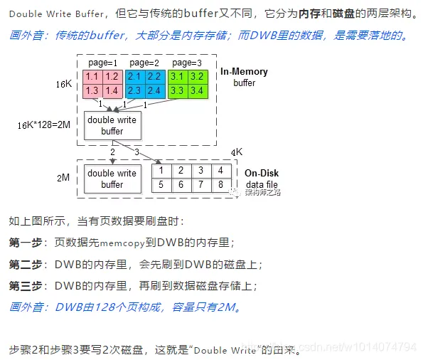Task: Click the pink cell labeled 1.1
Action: pos(92,77)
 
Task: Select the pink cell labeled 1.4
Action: pos(112,91)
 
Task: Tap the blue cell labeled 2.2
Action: pos(155,77)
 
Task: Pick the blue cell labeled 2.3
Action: pos(135,91)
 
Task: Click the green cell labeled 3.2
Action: pos(198,77)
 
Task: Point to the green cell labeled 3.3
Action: pos(178,91)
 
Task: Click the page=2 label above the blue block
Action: pos(144,63)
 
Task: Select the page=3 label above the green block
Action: pos(187,63)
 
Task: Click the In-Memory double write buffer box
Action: pos(112,126)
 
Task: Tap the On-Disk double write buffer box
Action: pos(112,179)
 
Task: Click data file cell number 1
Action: pos(161,171)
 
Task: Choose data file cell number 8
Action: pos(221,185)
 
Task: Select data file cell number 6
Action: pos(181,185)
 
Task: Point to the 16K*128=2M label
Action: pos(44,125)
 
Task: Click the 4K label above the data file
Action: pos(237,152)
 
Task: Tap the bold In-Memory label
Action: pos(244,72)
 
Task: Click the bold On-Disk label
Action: pos(262,173)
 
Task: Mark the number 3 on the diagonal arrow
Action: pos(137,152)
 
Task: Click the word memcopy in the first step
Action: pos(122,243)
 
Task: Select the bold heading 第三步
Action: pos(26,286)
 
